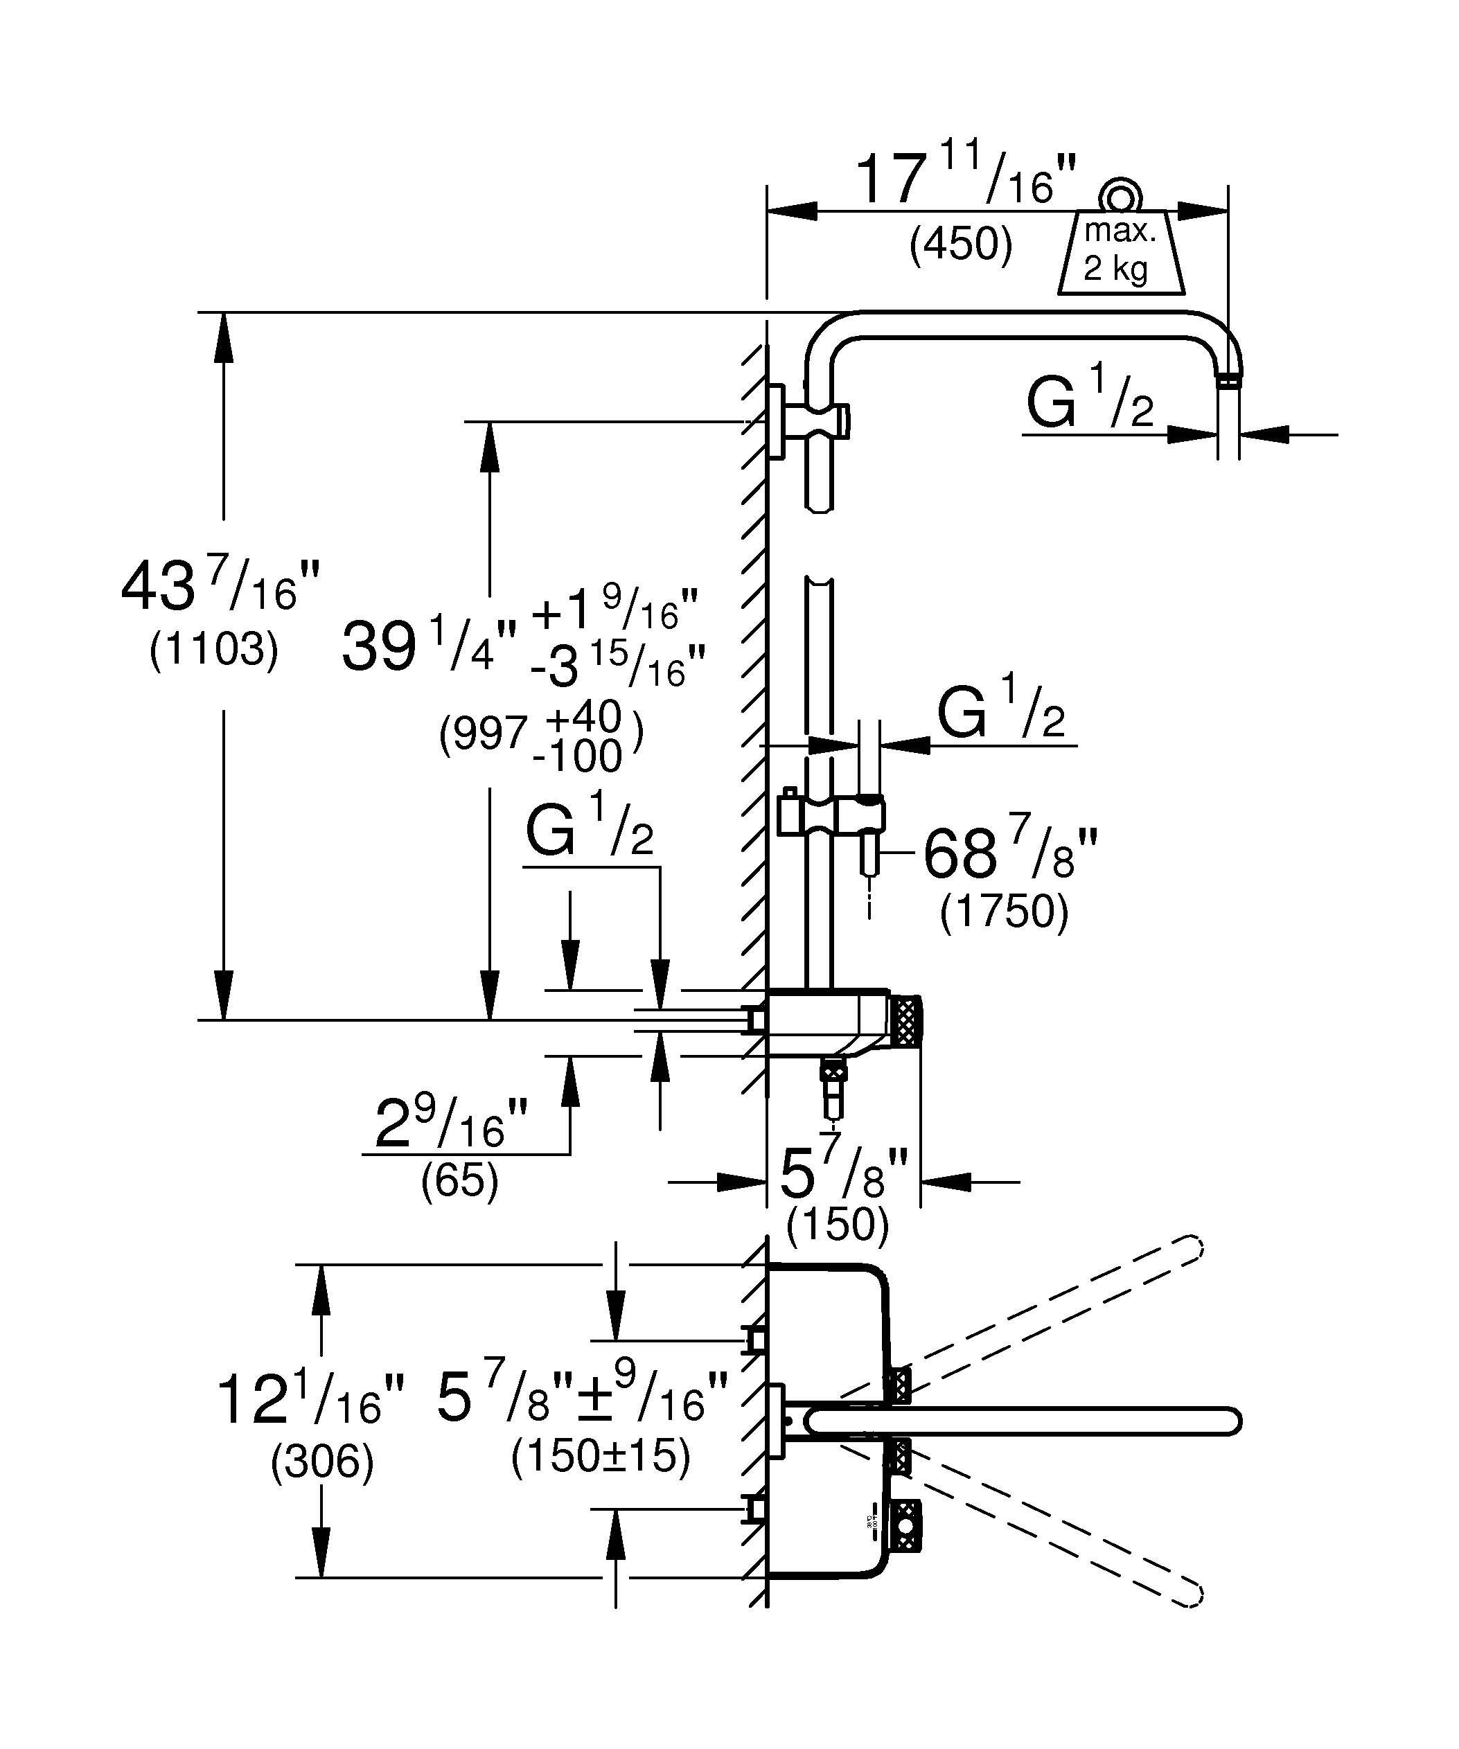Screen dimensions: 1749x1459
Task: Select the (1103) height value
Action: pyautogui.click(x=213, y=650)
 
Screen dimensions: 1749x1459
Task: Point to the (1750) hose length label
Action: pyautogui.click(x=1003, y=912)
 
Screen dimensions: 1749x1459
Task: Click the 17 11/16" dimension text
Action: pyautogui.click(x=966, y=181)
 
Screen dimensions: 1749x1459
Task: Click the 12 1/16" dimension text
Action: pyautogui.click(x=310, y=1399)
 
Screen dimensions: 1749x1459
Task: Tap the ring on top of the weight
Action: pyautogui.click(x=1120, y=196)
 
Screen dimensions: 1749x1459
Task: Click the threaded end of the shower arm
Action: pyautogui.click(x=1228, y=382)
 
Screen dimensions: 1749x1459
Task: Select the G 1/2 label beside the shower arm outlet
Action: pyautogui.click(x=1089, y=402)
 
